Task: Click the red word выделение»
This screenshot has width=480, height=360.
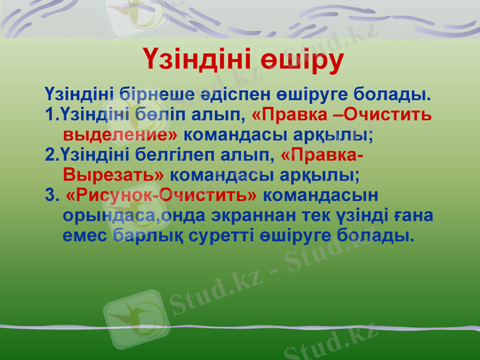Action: click(120, 133)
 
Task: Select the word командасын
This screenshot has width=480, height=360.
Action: click(321, 196)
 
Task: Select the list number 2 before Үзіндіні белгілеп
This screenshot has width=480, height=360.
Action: click(49, 155)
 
